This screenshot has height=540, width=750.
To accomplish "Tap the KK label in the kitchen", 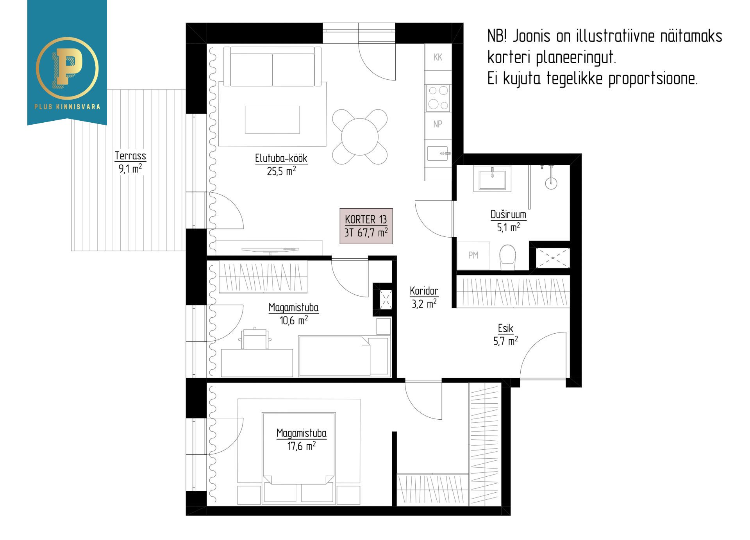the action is [x=438, y=57].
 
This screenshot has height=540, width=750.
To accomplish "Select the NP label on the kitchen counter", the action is [x=438, y=124].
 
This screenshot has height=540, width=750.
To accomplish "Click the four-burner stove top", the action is [x=438, y=98].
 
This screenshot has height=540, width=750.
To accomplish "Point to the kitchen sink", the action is [x=437, y=153].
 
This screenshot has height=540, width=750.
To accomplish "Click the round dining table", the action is [x=360, y=137].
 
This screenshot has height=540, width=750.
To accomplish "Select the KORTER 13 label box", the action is [x=366, y=226].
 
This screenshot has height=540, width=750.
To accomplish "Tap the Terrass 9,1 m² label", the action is [x=130, y=162].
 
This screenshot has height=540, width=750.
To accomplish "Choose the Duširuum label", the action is [x=508, y=215].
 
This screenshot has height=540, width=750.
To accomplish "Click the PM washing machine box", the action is [x=473, y=255].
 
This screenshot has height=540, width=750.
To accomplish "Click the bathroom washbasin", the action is [x=492, y=178].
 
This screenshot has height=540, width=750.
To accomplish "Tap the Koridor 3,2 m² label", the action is [x=424, y=297].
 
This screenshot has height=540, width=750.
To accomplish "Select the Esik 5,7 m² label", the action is [x=505, y=334].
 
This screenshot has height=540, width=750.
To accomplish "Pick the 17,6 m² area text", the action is [x=302, y=446].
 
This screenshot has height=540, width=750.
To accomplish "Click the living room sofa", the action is [x=272, y=66].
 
